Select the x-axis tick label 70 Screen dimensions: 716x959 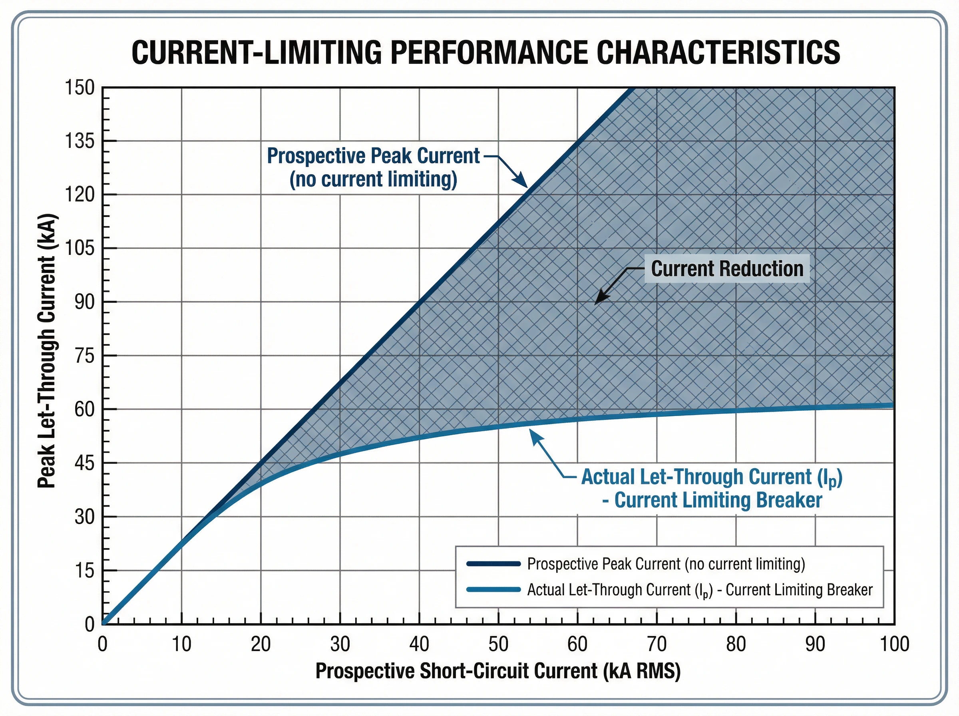[x=657, y=644]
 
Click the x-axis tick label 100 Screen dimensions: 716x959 [x=894, y=644]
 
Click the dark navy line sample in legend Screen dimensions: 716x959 [x=493, y=563]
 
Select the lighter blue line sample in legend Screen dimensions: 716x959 [x=493, y=589]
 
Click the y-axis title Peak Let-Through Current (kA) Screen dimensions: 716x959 [x=46, y=351]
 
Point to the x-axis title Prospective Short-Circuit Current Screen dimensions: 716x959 [x=497, y=671]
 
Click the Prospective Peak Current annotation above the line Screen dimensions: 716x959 [x=373, y=167]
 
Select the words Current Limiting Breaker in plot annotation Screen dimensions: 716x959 [x=718, y=500]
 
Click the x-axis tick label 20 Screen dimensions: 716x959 [x=261, y=644]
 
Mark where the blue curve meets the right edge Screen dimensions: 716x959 [x=893, y=406]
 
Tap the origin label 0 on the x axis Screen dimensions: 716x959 [x=102, y=644]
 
